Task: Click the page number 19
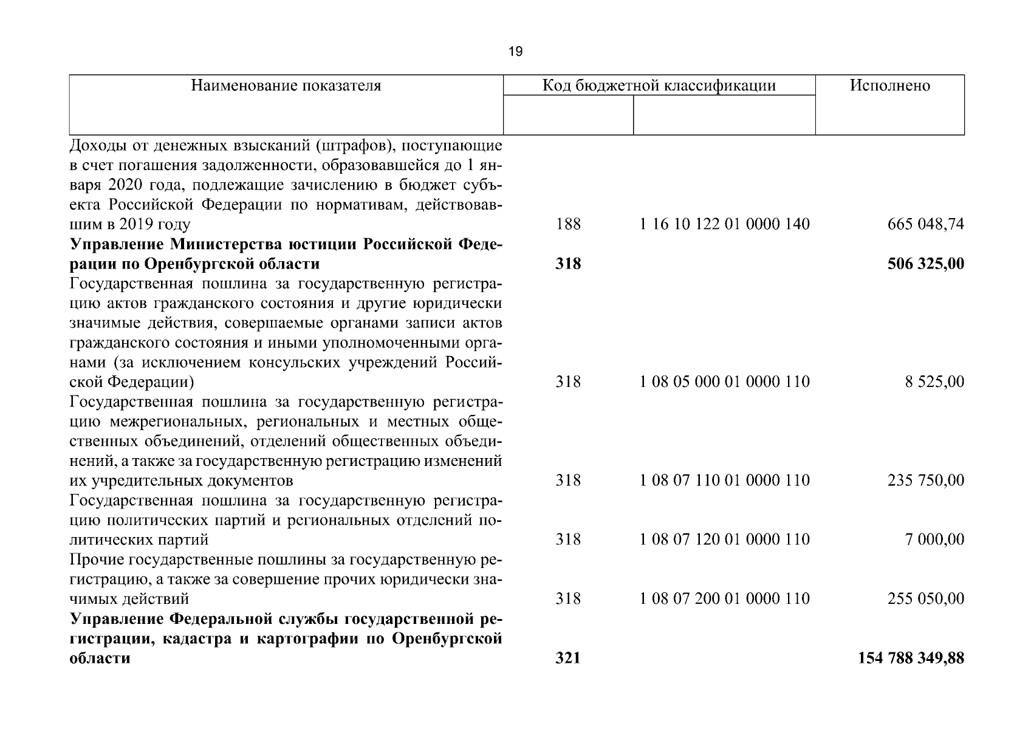point(515,52)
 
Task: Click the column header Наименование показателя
point(286,86)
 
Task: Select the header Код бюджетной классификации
point(659,86)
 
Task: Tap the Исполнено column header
point(889,86)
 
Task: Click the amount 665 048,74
point(925,225)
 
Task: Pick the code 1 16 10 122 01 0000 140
point(724,225)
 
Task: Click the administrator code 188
point(568,225)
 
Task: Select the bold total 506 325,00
point(925,264)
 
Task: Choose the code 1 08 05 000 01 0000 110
point(724,382)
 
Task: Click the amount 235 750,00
point(925,481)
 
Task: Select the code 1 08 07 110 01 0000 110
point(724,481)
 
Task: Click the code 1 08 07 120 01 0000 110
point(724,540)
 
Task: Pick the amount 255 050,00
point(925,599)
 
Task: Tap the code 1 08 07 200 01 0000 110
point(724,599)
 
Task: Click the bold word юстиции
point(322,245)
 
